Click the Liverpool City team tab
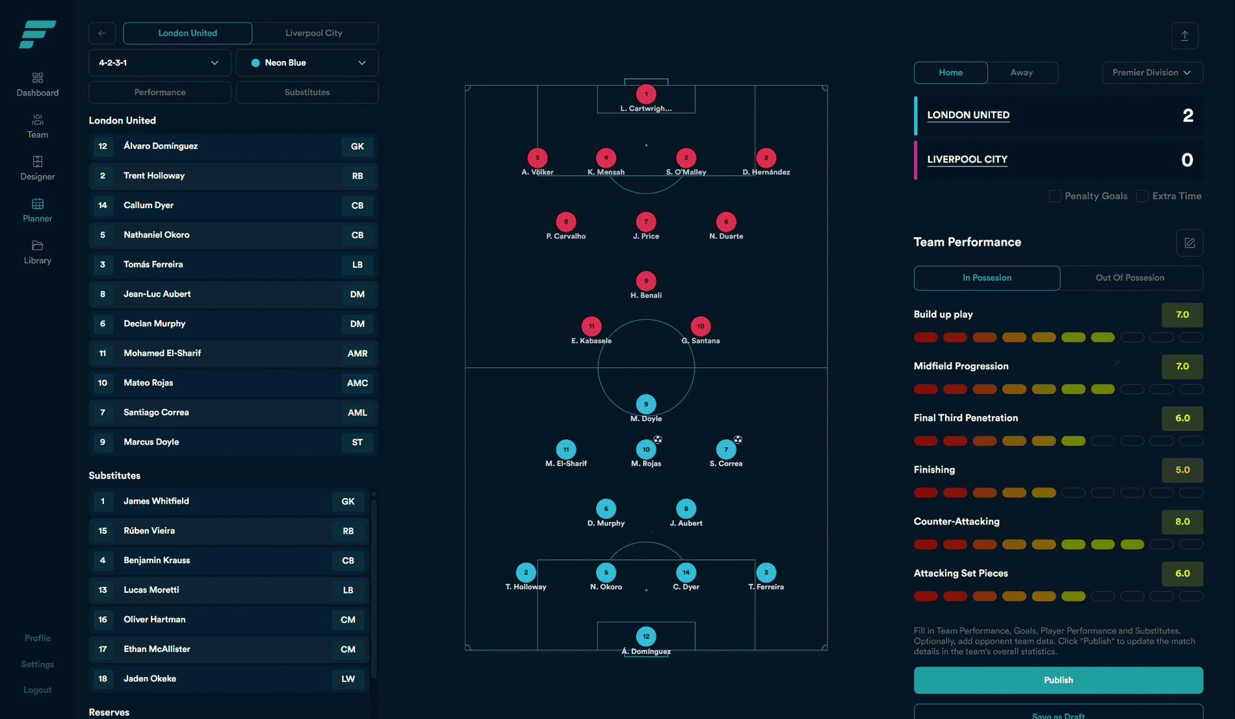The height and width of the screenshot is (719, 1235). [314, 33]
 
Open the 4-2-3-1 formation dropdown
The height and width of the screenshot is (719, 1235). [159, 63]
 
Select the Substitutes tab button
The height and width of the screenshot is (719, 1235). [307, 92]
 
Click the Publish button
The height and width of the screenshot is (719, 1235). [1058, 680]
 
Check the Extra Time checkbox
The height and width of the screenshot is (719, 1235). [1142, 196]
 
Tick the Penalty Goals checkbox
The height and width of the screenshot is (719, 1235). [1055, 196]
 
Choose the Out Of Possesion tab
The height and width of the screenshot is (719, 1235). [1130, 278]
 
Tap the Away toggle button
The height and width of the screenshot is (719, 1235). [1021, 73]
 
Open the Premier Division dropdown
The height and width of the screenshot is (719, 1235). [1152, 73]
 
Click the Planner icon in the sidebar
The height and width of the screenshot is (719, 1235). [38, 204]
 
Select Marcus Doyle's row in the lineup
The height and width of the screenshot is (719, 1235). [233, 442]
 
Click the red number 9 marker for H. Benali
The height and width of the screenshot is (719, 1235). [645, 281]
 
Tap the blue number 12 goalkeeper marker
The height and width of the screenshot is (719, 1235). [645, 636]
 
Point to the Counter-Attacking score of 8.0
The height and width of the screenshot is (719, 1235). [1182, 522]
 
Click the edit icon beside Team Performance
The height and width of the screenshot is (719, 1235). [1189, 243]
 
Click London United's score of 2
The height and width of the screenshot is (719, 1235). [1188, 116]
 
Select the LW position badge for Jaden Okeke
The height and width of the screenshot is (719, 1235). [348, 679]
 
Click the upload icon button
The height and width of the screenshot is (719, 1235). [1184, 36]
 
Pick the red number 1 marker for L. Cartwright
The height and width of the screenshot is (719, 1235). [645, 94]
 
